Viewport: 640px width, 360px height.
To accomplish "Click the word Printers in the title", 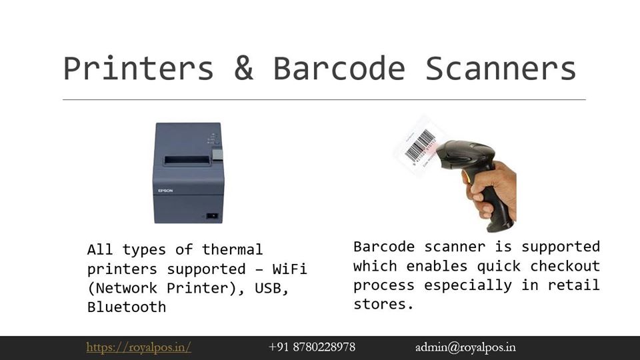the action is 139,68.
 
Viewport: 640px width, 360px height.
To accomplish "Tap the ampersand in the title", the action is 244,68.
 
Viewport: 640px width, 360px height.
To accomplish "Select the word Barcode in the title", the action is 339,68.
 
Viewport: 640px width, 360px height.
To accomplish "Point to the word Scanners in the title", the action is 501,68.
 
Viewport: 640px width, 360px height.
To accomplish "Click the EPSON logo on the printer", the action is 165,191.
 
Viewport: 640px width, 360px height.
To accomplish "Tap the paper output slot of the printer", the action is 187,161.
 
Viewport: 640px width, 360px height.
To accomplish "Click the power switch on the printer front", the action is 212,215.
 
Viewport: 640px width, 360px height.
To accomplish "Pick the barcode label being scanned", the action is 419,145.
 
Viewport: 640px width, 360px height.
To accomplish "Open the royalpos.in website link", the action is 139,347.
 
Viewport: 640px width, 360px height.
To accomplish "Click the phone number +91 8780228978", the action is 312,347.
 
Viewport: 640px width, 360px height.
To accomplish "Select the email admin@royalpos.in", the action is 465,347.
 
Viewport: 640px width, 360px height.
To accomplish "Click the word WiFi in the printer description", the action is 289,269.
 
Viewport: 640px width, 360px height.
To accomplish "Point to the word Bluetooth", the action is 127,307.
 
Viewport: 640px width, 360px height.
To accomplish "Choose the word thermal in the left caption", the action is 232,249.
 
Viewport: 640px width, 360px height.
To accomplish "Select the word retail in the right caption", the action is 573,285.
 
